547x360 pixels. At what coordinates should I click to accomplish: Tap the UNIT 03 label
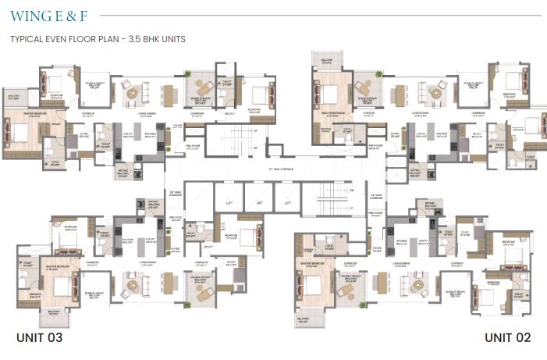39,337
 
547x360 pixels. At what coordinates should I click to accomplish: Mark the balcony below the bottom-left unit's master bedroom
55,315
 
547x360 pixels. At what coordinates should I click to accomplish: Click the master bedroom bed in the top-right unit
328,96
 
